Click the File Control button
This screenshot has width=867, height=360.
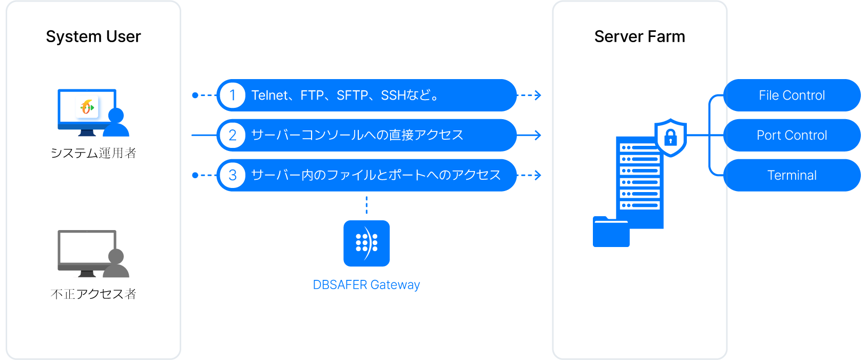tap(792, 96)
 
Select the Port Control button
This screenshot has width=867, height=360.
tap(792, 136)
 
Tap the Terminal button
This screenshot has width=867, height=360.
tap(792, 176)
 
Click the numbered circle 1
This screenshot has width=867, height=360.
tap(233, 96)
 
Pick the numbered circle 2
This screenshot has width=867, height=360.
tap(233, 136)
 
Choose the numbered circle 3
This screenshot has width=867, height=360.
tap(233, 176)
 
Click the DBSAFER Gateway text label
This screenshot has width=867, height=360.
tap(366, 285)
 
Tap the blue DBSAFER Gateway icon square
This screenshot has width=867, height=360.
tap(367, 243)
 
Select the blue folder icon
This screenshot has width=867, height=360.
tap(611, 233)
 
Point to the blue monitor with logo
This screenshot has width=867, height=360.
tap(87, 109)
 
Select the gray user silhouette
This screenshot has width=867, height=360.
tap(117, 264)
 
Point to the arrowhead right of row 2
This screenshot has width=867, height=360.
tap(537, 136)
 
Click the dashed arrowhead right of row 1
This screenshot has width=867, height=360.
tap(537, 96)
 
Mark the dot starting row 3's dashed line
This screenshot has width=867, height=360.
tap(195, 176)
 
